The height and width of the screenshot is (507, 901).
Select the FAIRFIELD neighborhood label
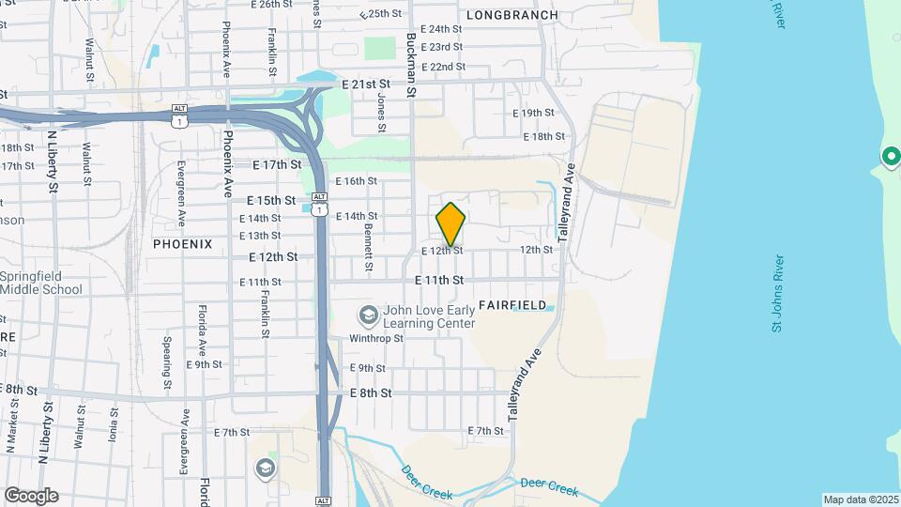click(512, 305)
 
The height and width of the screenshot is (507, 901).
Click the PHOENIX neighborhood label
click(183, 243)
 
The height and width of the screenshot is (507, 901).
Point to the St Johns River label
click(777, 293)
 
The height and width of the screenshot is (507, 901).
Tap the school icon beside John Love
click(368, 315)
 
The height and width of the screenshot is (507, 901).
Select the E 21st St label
click(366, 84)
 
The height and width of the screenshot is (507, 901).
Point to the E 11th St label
click(439, 280)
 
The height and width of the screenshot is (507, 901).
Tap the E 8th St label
click(371, 392)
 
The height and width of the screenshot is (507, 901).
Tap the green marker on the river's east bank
click(890, 156)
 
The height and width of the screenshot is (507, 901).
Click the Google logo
click(31, 495)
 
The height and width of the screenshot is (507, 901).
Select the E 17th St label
click(278, 164)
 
